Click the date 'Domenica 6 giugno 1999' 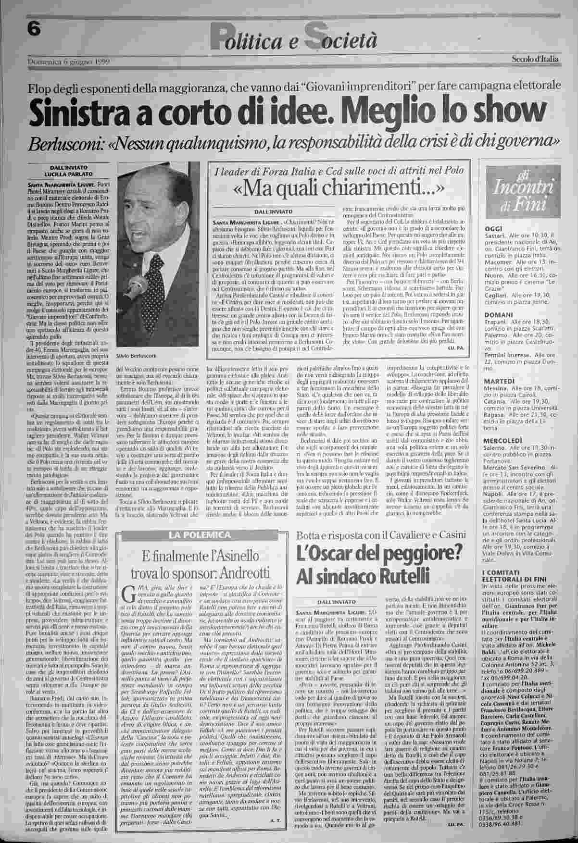(x=69, y=62)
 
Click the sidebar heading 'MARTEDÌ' (x=497, y=381)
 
